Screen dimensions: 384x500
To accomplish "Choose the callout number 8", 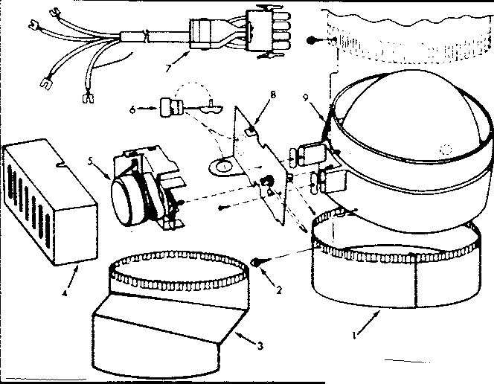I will [274, 95].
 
